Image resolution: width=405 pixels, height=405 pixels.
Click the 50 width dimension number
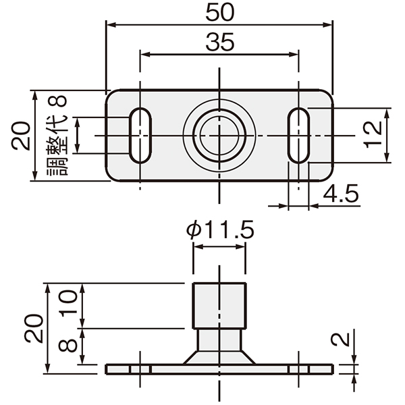click(x=220, y=12)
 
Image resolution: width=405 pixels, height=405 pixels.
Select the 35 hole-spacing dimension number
click(x=220, y=42)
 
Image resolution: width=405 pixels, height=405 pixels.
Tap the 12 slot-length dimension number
click(x=373, y=134)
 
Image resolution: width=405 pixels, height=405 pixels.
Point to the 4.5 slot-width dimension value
click(x=341, y=194)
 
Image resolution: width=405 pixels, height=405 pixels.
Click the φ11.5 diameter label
click(x=220, y=230)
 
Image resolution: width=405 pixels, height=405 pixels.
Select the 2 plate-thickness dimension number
click(x=340, y=339)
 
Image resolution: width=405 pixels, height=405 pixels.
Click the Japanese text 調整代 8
click(x=57, y=135)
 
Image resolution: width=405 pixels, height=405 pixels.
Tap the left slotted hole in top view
click(x=140, y=136)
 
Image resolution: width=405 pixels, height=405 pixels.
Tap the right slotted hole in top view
click(x=299, y=136)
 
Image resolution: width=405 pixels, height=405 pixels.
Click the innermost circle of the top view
click(x=219, y=136)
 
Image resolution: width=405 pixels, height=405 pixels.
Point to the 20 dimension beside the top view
click(x=21, y=136)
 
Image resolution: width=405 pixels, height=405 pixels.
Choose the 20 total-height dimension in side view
click(x=34, y=329)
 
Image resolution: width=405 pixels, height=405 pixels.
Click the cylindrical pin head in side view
click(x=219, y=306)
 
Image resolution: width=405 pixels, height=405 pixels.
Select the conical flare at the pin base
click(x=219, y=358)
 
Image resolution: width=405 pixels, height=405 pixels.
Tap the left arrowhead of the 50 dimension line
click(x=111, y=25)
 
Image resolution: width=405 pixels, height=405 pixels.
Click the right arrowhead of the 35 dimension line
click(x=294, y=54)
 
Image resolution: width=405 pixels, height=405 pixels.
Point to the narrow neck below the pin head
click(x=219, y=340)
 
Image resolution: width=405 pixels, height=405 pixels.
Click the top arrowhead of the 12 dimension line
click(x=386, y=113)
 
